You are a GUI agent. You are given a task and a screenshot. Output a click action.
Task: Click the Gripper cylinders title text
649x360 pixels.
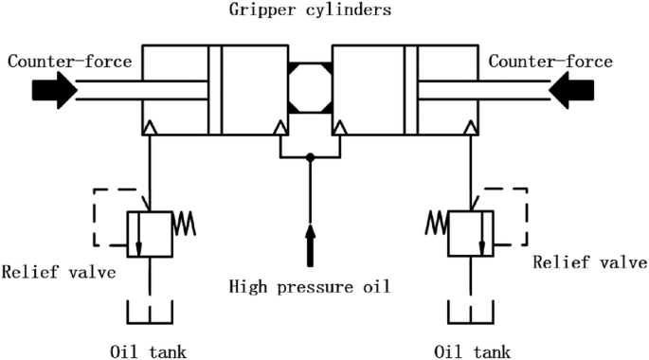click(x=310, y=9)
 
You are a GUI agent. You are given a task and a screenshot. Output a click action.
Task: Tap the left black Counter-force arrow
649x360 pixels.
click(x=55, y=90)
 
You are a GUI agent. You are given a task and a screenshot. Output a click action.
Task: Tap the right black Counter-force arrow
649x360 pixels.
click(x=571, y=90)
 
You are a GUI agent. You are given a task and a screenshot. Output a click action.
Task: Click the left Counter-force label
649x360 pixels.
click(x=69, y=62)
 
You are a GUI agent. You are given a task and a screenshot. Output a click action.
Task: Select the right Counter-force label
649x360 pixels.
click(x=550, y=62)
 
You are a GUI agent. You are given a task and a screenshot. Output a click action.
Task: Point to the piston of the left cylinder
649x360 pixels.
click(x=215, y=90)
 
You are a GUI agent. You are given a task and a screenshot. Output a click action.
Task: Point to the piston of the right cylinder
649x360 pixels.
click(x=410, y=90)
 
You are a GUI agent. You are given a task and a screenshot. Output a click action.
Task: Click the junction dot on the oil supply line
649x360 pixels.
click(x=310, y=157)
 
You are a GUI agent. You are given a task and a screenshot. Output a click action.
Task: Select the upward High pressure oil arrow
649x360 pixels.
click(x=310, y=245)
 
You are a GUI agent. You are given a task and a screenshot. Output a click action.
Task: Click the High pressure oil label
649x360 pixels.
click(x=310, y=287)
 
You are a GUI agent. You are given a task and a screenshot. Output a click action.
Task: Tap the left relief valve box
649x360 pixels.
click(x=150, y=234)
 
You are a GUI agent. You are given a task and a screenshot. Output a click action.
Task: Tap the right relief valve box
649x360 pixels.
click(x=471, y=234)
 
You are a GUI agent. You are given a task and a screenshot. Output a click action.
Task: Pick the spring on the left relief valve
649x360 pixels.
click(x=184, y=224)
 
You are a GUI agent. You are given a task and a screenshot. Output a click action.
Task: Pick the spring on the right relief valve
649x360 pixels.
click(x=436, y=223)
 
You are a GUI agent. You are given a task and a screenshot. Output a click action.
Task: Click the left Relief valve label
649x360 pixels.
click(x=59, y=272)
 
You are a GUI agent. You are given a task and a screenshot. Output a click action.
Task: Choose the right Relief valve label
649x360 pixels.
click(x=589, y=261)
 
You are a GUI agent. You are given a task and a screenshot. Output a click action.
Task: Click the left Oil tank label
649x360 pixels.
click(x=148, y=351)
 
